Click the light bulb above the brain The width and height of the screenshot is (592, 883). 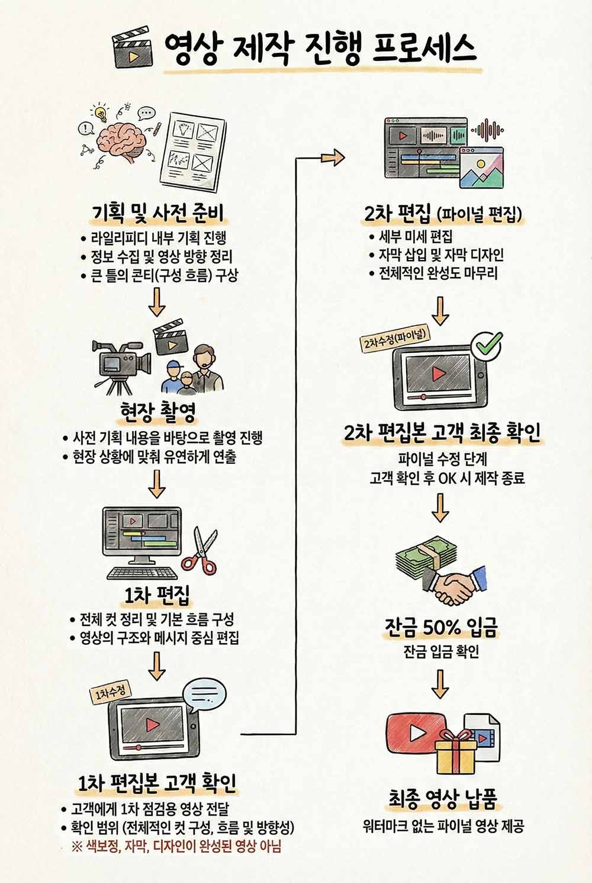102,113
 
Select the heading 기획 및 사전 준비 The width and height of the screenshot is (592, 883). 158,213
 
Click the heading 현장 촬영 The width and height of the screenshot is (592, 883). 158,413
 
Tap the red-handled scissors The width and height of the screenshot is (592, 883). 199,551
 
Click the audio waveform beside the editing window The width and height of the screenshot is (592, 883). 488,130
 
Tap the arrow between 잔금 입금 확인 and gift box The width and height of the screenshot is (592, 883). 440,685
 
